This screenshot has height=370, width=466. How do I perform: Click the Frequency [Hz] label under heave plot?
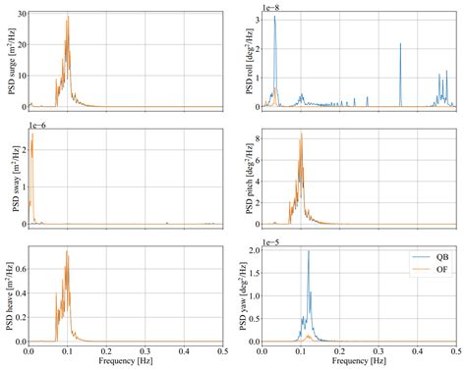click(126, 362)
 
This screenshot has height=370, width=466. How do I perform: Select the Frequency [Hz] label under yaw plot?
click(360, 362)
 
